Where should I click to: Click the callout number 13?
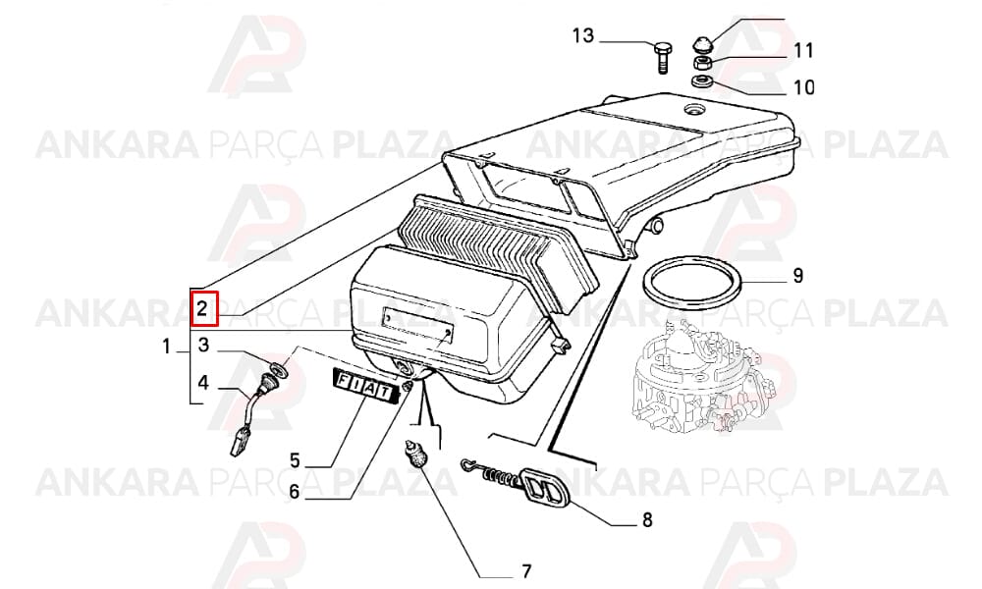[582, 35]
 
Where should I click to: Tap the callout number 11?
[803, 50]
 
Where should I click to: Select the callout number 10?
[804, 87]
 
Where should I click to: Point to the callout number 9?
[797, 276]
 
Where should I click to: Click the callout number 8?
[647, 519]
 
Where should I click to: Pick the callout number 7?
[526, 571]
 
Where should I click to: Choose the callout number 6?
[294, 492]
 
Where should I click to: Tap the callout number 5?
[295, 460]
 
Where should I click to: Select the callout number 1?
[166, 347]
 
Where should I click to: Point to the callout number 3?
[204, 345]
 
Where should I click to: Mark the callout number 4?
[203, 382]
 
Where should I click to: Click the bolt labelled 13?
[663, 58]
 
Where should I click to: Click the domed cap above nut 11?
[701, 44]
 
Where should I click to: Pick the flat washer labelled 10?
[701, 80]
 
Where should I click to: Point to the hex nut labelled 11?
[701, 62]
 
